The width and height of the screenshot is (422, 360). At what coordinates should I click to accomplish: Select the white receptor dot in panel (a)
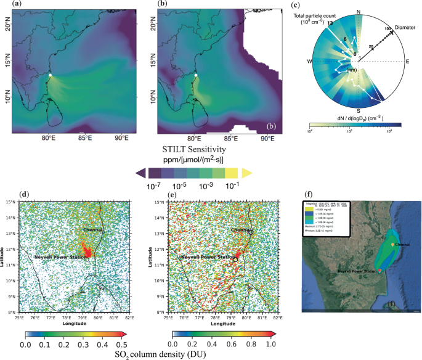(50, 75)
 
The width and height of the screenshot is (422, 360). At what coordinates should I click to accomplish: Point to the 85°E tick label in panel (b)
(230, 139)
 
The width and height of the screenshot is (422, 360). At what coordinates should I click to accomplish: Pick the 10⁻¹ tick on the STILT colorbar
(232, 185)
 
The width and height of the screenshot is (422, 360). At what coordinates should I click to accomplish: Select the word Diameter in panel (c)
(405, 27)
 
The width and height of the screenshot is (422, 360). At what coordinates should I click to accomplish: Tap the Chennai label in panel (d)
(94, 229)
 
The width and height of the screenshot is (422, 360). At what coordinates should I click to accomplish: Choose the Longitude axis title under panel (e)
(224, 322)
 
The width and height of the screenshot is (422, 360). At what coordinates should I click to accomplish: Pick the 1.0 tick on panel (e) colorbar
(269, 345)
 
